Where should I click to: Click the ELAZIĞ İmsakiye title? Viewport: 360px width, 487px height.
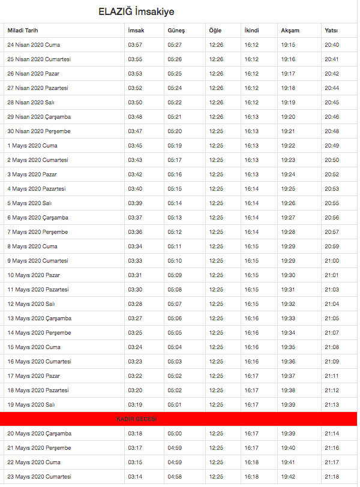(137, 12)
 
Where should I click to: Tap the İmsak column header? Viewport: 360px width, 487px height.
(136, 31)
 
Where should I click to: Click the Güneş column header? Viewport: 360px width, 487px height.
(176, 31)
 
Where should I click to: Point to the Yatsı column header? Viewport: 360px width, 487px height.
(331, 31)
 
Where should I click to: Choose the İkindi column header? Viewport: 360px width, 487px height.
(251, 31)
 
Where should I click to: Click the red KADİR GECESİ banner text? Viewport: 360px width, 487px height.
(136, 419)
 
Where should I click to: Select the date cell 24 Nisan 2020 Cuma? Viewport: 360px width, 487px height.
(34, 45)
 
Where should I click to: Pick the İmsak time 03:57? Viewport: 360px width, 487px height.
(135, 45)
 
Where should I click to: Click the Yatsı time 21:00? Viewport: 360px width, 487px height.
(331, 261)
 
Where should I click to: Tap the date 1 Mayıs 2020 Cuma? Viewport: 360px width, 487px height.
(32, 146)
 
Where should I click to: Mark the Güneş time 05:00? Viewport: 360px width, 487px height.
(175, 433)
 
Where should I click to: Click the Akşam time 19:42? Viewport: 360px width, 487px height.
(288, 476)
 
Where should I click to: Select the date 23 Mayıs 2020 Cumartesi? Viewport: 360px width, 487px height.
(40, 476)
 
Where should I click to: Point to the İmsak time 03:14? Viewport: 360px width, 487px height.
(135, 476)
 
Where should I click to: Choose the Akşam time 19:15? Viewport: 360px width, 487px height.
(288, 45)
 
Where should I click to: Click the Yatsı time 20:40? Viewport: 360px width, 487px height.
(331, 45)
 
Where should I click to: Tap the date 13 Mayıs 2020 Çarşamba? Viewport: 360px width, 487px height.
(39, 318)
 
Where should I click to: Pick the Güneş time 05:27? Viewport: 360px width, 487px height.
(175, 45)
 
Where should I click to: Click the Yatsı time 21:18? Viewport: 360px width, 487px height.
(331, 476)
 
